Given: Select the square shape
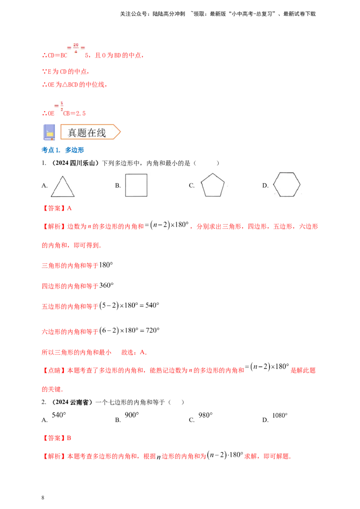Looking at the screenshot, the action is click(136, 185).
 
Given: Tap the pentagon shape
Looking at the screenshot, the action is click(212, 186).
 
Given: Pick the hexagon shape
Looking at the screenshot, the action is click(287, 184).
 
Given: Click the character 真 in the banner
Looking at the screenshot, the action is click(72, 132).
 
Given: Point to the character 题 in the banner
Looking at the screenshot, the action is click(82, 132).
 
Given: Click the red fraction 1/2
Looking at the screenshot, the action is click(59, 105).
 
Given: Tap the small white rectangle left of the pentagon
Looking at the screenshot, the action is click(190, 185).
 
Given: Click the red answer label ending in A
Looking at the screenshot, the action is click(57, 209).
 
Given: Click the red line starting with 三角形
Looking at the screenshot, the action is click(69, 266).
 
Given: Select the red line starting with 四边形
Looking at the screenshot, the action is click(69, 285).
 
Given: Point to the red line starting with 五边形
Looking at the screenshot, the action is click(69, 307).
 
